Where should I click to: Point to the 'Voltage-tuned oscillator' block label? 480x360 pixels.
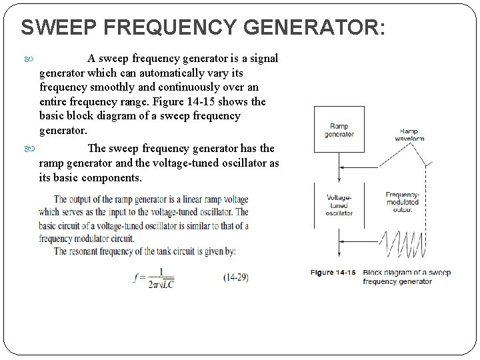click(x=339, y=205)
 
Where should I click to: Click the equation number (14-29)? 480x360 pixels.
click(x=237, y=277)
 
